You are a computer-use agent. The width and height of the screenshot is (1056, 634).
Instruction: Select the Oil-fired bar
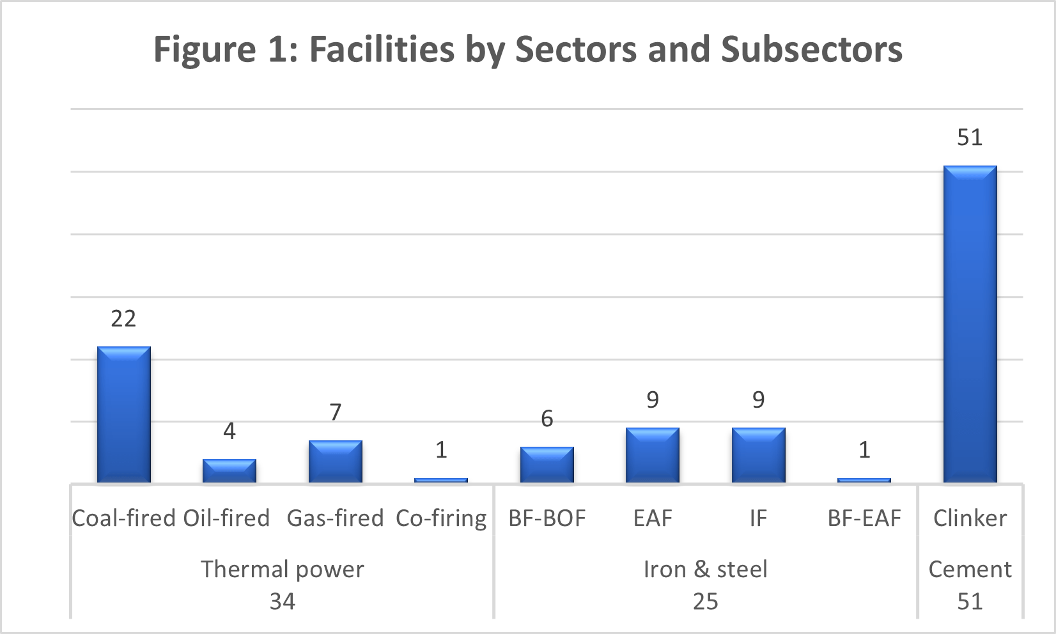[229, 470]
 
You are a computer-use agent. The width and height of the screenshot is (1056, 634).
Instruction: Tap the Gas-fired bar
[336, 461]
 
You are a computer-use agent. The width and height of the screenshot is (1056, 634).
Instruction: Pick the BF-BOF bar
[547, 465]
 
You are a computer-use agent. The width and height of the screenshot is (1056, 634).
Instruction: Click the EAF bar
[653, 455]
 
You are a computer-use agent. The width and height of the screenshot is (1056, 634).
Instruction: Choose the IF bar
[758, 455]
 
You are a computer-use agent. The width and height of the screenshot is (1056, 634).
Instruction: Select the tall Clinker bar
[970, 324]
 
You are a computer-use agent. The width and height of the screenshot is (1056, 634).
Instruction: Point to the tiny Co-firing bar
[441, 480]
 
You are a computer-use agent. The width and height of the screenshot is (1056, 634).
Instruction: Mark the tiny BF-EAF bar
[864, 480]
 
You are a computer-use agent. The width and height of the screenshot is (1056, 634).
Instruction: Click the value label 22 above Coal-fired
[123, 318]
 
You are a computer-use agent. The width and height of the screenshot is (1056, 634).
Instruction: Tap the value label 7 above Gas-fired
[336, 412]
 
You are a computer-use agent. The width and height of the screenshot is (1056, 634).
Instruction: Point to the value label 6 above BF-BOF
[547, 419]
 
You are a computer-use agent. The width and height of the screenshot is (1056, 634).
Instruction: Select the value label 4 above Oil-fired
[229, 431]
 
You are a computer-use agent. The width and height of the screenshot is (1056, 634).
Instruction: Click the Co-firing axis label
[441, 518]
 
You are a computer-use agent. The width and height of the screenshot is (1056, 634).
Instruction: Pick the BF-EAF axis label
[864, 518]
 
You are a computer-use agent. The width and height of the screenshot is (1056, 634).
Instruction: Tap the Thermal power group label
[283, 569]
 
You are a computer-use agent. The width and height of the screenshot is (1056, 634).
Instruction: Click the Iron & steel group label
[705, 569]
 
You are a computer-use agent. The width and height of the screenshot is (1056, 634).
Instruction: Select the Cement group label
[970, 569]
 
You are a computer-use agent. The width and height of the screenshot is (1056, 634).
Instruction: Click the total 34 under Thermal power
[283, 601]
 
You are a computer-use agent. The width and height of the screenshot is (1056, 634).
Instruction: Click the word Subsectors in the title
[812, 49]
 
